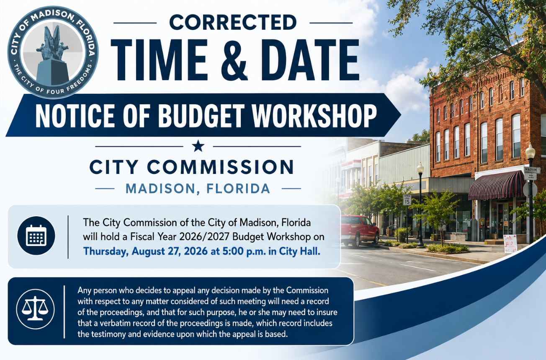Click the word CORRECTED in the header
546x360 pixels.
click(233, 22)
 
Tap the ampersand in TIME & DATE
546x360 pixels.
click(234, 60)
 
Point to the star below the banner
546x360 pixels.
click(198, 146)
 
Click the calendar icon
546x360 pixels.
click(36, 236)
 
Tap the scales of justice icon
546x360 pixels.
click(35, 309)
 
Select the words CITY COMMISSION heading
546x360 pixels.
click(192, 167)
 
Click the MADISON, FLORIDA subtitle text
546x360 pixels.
click(198, 189)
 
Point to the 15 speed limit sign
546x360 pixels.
click(407, 200)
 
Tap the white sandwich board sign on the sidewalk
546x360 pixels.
click(510, 244)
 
